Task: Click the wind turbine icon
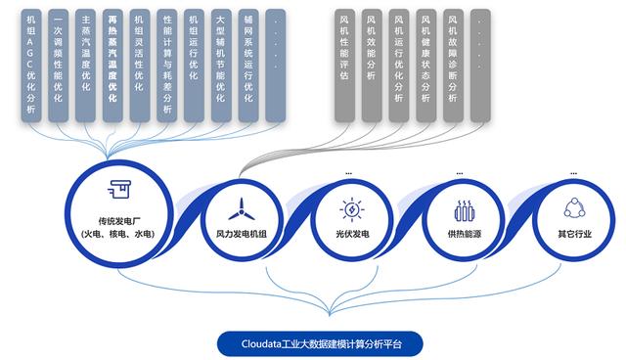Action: click(240, 208)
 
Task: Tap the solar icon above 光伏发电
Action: click(349, 208)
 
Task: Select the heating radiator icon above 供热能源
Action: click(464, 209)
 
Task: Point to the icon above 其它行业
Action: click(574, 208)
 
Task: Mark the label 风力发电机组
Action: click(240, 235)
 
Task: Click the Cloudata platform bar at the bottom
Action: click(322, 343)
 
